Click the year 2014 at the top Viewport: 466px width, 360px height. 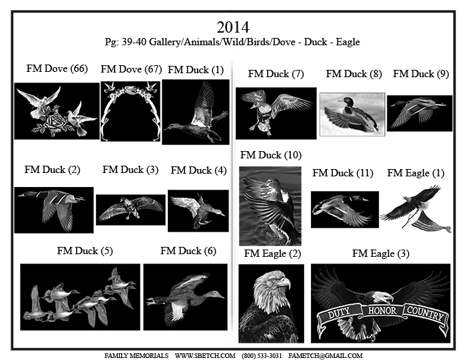(233, 27)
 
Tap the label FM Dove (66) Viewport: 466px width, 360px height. (57, 69)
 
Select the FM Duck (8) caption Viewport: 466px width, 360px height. (353, 74)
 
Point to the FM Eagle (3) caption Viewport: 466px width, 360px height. (381, 254)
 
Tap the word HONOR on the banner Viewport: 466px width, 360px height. (382, 311)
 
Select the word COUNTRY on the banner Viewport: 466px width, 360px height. (425, 313)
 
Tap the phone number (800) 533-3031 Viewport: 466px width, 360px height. (262, 355)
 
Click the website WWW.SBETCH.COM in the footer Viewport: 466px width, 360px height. (205, 355)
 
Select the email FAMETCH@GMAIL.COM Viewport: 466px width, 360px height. (325, 355)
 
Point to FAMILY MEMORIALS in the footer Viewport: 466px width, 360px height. (136, 355)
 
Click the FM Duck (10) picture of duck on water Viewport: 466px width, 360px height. (270, 206)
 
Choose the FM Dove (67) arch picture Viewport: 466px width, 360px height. (130, 111)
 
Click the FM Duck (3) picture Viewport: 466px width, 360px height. (130, 210)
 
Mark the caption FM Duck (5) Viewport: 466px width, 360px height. (85, 251)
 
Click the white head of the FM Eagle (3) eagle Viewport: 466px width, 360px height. (383, 297)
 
